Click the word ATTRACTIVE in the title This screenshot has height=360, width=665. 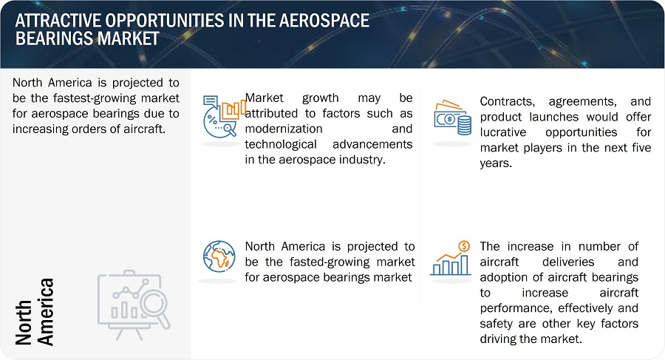click(58, 21)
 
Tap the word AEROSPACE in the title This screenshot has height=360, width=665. click(327, 21)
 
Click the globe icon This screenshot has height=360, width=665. click(219, 257)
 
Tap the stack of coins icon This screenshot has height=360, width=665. click(465, 126)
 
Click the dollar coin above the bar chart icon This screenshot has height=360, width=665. click(465, 246)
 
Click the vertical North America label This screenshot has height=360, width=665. click(35, 312)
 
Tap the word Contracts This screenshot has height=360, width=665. click(507, 102)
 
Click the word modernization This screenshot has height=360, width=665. click(284, 129)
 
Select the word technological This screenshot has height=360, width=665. click(281, 144)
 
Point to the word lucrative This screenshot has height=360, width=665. click(503, 132)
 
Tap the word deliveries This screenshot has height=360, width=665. click(568, 262)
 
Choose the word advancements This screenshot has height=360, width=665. click(372, 144)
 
